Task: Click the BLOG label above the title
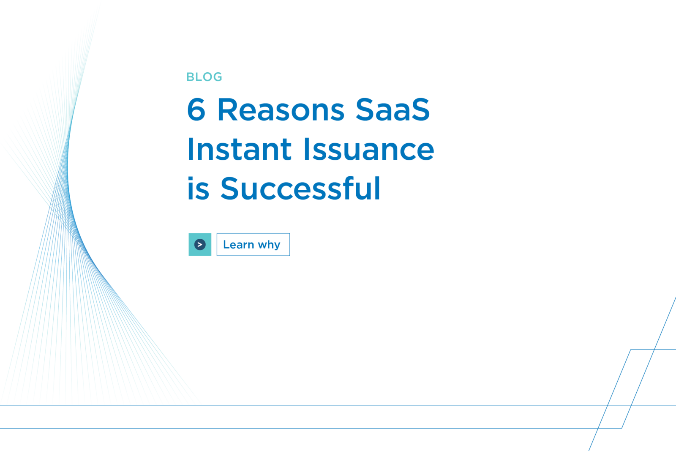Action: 204,77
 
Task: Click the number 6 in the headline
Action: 196,110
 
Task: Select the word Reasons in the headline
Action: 281,110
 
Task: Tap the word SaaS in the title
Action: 393,110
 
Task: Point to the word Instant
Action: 240,149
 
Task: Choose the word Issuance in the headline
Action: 369,149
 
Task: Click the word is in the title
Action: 198,189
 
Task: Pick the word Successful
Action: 300,189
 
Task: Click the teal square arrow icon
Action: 200,244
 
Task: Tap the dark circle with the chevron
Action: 200,244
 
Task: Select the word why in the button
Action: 269,245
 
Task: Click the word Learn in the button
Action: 238,245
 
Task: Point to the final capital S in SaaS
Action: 420,110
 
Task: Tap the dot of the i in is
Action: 191,178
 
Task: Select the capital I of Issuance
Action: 307,149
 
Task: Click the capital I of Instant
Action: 191,149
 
